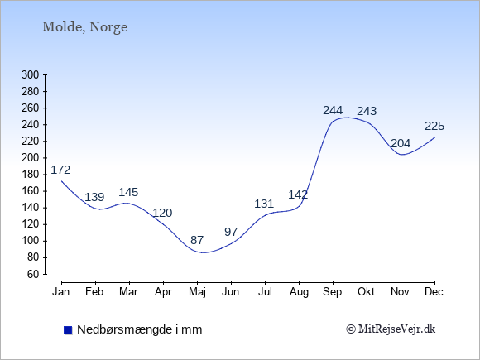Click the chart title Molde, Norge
tap(84, 27)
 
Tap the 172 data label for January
tap(60, 170)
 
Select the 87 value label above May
tap(197, 240)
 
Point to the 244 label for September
tap(333, 110)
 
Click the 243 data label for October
tap(367, 111)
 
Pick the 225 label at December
tap(434, 126)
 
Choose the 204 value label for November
tap(401, 143)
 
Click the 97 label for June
tap(231, 232)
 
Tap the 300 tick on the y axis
tap(31, 74)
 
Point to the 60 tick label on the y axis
tap(33, 274)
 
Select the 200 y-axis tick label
tap(31, 157)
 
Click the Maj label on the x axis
tap(197, 292)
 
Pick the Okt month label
tap(366, 292)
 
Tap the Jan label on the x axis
tap(61, 292)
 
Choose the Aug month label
tap(299, 292)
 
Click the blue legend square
tap(68, 330)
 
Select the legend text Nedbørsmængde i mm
tap(140, 329)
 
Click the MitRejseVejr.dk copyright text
tap(391, 329)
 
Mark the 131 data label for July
tap(264, 204)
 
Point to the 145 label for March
tap(128, 192)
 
